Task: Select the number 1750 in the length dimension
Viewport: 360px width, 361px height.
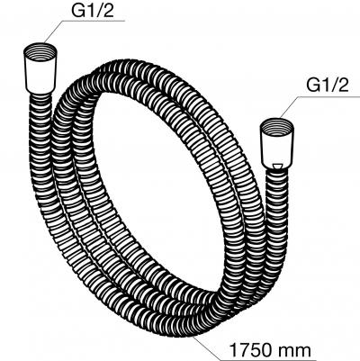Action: [x=250, y=350]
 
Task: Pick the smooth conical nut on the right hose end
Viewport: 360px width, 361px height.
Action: [x=276, y=149]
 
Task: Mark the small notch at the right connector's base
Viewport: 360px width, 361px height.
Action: [x=276, y=166]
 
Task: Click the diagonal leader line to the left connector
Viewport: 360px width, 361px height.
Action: [x=53, y=32]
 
